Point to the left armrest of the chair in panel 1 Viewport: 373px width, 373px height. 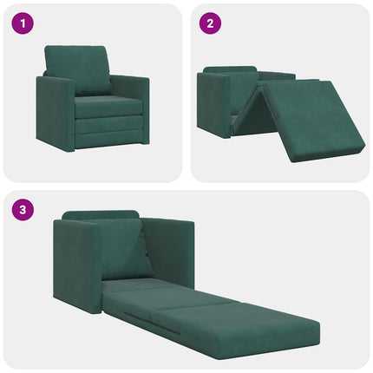[55, 113]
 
